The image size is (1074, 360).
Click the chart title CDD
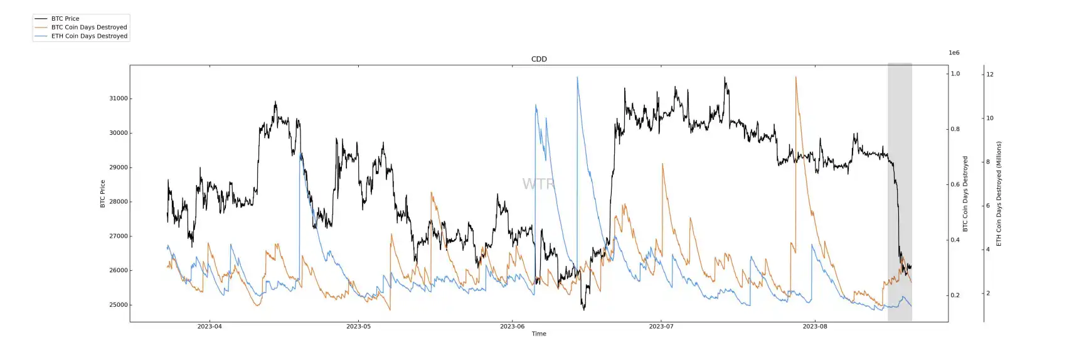point(539,59)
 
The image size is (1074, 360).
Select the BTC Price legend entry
point(65,19)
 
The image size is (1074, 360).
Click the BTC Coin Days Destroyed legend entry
point(89,28)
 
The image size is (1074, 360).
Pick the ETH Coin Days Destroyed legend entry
point(89,36)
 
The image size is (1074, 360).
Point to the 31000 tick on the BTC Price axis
point(118,98)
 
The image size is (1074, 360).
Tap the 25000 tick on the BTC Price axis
point(118,305)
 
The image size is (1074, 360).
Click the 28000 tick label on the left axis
point(118,202)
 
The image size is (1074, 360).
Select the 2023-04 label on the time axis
point(210,326)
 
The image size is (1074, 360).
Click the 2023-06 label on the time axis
point(512,326)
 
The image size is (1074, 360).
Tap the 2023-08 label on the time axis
point(814,326)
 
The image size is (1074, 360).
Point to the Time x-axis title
point(539,334)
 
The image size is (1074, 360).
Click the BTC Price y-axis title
point(103,194)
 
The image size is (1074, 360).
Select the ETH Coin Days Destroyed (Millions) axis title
point(999,193)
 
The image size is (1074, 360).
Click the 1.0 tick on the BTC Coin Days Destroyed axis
point(955,74)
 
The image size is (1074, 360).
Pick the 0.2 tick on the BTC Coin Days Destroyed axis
point(955,295)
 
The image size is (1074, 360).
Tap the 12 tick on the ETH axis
point(990,74)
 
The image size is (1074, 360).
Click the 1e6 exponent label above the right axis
point(954,53)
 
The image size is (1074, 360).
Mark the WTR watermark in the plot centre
point(538,184)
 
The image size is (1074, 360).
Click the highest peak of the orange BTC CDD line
point(795,77)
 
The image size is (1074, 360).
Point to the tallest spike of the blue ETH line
point(577,77)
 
